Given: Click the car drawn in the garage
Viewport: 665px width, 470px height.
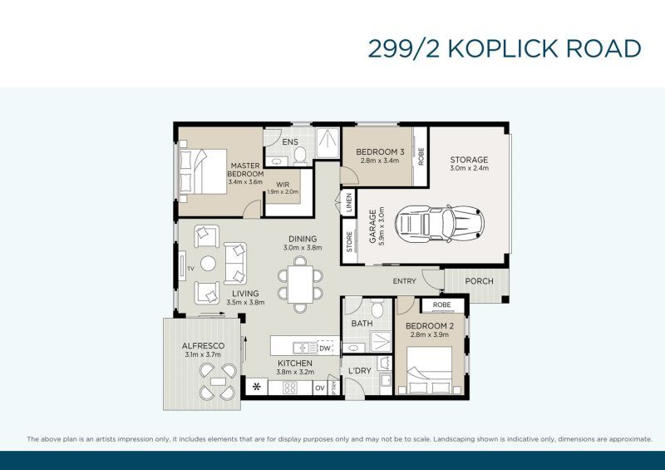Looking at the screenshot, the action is (x=440, y=224).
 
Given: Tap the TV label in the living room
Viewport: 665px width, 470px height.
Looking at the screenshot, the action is (x=190, y=269).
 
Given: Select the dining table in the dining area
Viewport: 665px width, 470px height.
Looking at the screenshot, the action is (x=300, y=284).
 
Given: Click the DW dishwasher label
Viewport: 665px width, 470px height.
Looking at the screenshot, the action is (x=325, y=349).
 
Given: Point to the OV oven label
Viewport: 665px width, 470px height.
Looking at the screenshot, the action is (x=320, y=388).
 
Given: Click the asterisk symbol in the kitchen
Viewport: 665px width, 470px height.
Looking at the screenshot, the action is (x=257, y=387).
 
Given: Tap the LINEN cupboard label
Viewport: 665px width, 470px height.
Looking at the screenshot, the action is (x=349, y=202).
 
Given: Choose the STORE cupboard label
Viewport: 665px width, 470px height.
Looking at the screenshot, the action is (x=349, y=241).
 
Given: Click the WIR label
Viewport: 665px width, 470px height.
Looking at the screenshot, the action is (x=283, y=185).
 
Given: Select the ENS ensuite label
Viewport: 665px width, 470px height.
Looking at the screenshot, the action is (x=290, y=141).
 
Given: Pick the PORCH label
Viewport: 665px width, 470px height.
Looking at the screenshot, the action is (x=480, y=281).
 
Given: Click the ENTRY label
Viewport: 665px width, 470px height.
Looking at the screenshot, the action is (x=404, y=281).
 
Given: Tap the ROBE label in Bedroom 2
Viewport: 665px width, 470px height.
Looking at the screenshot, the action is (x=442, y=304).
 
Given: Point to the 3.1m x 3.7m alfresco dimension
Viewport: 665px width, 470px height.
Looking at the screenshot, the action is (x=203, y=354).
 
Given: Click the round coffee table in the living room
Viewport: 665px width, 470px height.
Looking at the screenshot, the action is (x=208, y=264).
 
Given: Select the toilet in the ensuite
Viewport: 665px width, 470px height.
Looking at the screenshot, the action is (x=300, y=156).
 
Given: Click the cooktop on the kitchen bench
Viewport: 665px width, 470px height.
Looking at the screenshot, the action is (x=290, y=388).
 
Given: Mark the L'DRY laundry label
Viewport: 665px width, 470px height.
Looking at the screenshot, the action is (x=360, y=371).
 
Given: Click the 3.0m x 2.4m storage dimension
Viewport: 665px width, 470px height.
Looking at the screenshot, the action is (x=469, y=168).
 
